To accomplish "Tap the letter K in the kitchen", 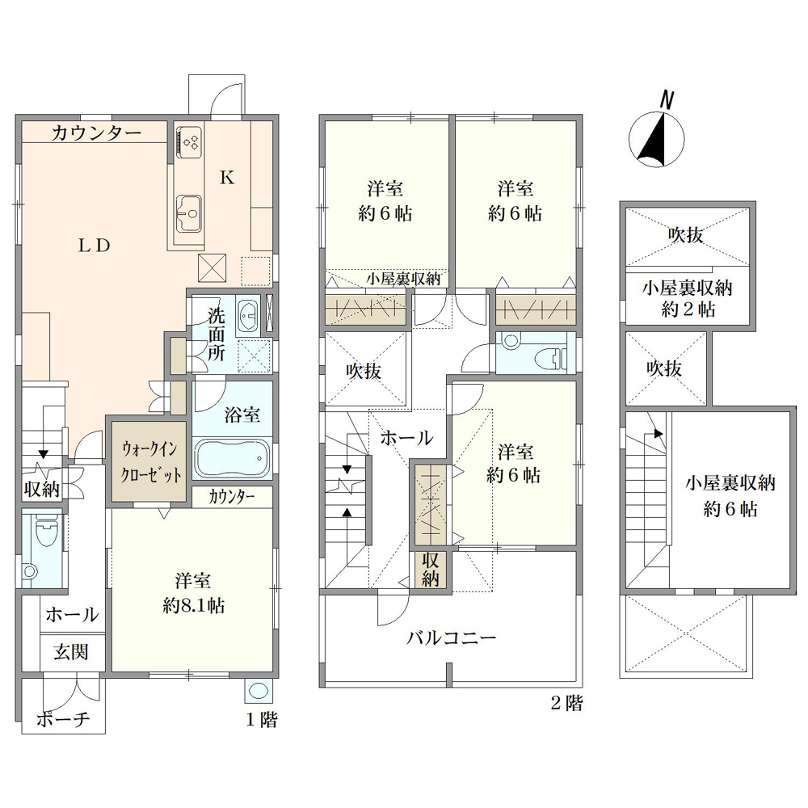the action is tap(227, 178).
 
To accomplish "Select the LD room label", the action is tap(95, 246).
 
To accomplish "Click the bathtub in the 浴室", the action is tap(233, 459).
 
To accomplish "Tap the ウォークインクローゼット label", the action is tap(150, 461).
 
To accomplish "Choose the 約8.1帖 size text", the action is tap(193, 605).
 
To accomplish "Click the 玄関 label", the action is tap(71, 652).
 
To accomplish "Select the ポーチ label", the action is tap(63, 719).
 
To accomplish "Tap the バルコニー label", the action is tap(451, 638).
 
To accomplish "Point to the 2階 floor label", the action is tap(567, 703).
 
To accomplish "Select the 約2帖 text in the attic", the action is tap(688, 309).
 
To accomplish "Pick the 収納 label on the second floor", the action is tap(431, 570).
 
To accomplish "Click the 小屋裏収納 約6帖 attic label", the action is tap(730, 496).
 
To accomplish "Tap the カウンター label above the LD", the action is tap(96, 133).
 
